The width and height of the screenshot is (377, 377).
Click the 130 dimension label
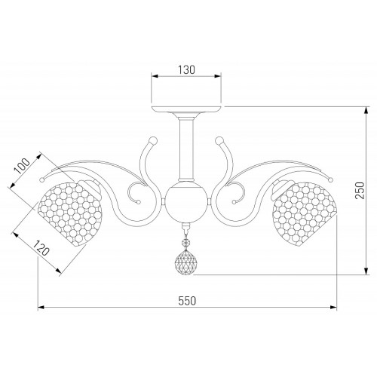pyautogui.click(x=186, y=70)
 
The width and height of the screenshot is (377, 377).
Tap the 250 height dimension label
pyautogui.click(x=360, y=190)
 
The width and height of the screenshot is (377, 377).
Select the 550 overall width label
pyautogui.click(x=187, y=301)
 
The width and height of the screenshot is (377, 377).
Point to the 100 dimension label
pyautogui.click(x=22, y=166)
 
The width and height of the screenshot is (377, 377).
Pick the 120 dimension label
pyautogui.click(x=41, y=247)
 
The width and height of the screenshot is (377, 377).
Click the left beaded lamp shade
pyautogui.click(x=69, y=213)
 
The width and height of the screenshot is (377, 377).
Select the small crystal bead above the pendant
pyautogui.click(x=185, y=243)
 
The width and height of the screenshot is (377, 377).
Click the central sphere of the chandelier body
pyautogui.click(x=186, y=202)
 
